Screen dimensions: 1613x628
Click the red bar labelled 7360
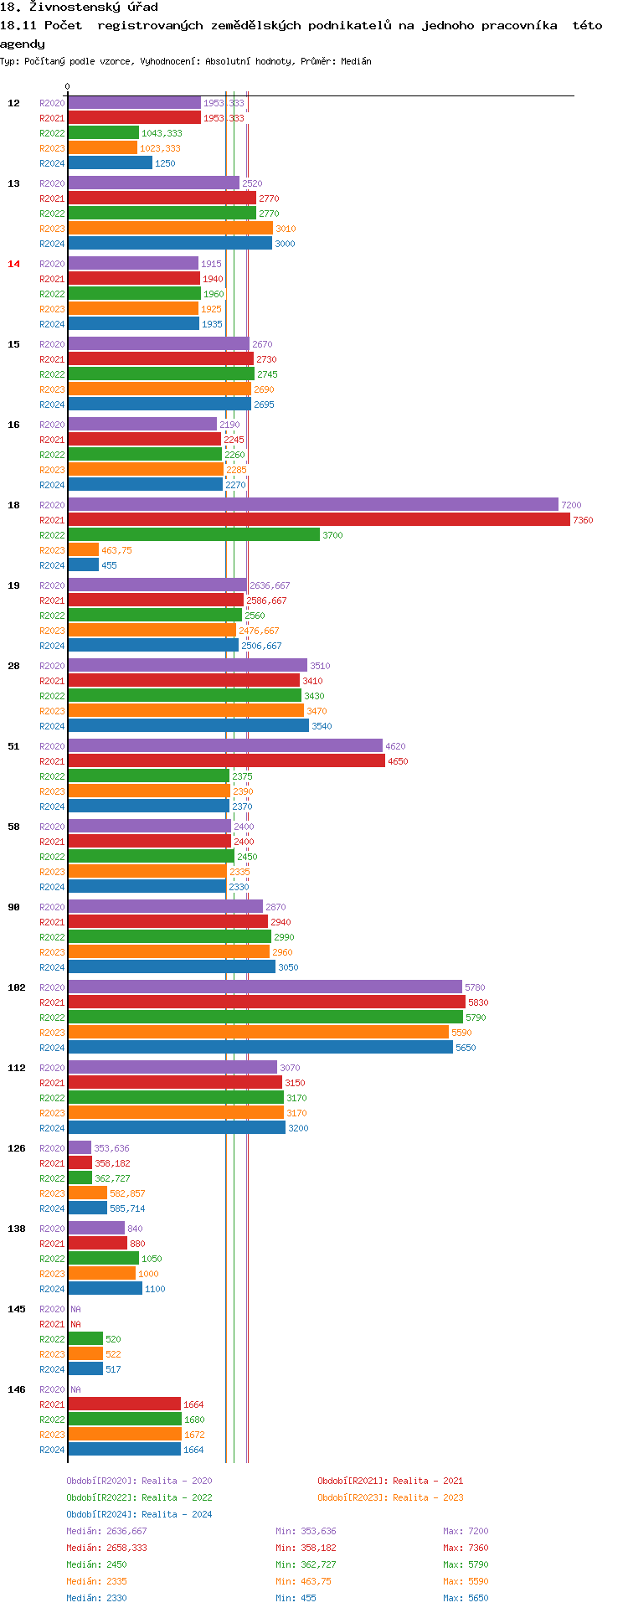(318, 520)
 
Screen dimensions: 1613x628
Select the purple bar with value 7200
(312, 505)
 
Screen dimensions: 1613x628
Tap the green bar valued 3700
(193, 535)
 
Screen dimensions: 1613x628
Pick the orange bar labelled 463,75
(83, 550)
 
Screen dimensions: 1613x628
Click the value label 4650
(398, 761)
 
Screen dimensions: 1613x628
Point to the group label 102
(17, 987)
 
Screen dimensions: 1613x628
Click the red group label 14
(13, 264)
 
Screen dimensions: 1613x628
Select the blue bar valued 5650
(260, 1048)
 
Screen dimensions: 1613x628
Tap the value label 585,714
(127, 1208)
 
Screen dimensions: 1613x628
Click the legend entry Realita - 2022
(139, 1497)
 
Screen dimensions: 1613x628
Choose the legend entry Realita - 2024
(139, 1514)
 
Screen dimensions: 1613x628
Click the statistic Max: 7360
(466, 1548)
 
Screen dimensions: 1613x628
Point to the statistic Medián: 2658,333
(106, 1548)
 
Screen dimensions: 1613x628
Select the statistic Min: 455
(296, 1598)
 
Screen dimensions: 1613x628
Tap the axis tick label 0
(68, 87)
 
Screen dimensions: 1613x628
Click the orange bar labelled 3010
(170, 229)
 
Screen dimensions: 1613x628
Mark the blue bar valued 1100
(105, 1289)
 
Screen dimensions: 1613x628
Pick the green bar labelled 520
(85, 1339)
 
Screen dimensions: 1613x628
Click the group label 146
(17, 1389)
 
